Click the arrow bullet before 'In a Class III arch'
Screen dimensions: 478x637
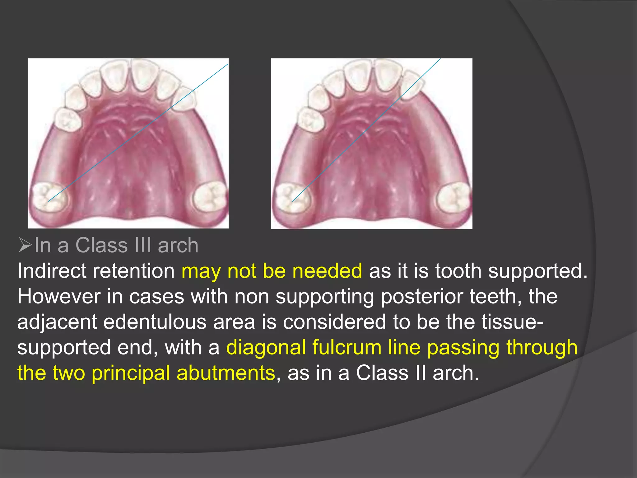pos(25,245)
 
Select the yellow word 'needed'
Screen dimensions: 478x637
pos(327,271)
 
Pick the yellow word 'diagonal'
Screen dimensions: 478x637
pos(266,347)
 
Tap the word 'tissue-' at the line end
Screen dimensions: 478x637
pos(513,322)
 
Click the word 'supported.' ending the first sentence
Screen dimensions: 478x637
pos(538,271)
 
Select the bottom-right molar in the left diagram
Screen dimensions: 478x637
pos(209,197)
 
